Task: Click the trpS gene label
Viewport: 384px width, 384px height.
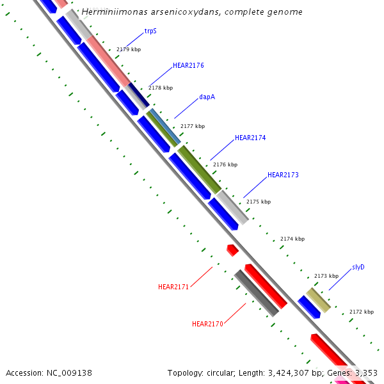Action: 150,30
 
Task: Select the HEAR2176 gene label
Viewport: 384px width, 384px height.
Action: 188,65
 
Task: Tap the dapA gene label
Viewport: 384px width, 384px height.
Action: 207,97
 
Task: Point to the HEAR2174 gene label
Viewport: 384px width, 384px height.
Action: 250,138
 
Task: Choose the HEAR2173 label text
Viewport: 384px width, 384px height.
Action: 283,175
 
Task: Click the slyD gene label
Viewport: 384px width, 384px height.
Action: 358,267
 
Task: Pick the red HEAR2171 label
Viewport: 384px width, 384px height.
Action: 173,287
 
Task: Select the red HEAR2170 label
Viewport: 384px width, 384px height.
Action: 207,324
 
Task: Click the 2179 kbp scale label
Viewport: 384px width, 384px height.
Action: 128,49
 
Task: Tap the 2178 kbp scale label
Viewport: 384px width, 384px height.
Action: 161,88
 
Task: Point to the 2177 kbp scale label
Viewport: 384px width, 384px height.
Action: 193,126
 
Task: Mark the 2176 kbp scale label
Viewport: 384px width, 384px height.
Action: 225,164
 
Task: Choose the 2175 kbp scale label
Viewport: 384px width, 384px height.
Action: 259,202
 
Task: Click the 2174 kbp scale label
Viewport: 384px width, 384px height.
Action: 292,239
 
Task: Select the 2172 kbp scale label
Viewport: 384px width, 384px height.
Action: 361,312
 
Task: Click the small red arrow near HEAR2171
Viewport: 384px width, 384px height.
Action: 233,250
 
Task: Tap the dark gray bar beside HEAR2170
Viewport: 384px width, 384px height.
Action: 256,293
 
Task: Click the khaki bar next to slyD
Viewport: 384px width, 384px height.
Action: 318,300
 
